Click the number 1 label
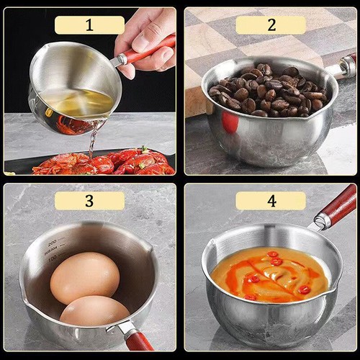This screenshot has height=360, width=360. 89,25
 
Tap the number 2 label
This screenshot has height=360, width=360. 271,25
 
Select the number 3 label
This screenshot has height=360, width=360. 89,201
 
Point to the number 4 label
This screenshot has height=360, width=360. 271,201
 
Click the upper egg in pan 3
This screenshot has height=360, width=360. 84,277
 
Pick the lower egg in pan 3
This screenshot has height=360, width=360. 94,311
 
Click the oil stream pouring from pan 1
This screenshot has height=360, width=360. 91,140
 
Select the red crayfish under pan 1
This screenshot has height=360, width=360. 108,163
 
